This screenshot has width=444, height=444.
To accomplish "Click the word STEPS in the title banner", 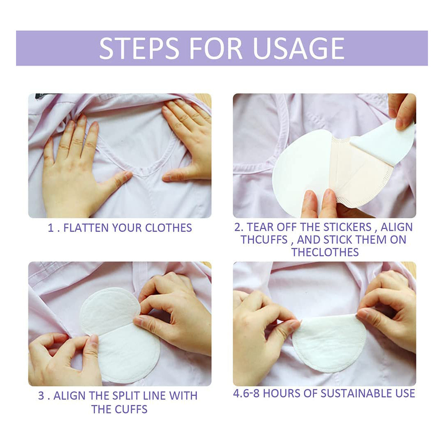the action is tap(139, 49).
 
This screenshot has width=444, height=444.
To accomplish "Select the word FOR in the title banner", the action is tap(215, 49).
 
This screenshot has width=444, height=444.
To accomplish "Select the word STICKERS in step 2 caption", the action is tap(347, 227).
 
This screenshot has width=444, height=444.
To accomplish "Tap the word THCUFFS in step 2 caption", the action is tap(264, 240).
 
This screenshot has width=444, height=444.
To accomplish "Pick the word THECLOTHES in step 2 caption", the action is tap(325, 252).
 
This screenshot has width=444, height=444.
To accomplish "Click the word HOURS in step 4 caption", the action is tap(280, 393).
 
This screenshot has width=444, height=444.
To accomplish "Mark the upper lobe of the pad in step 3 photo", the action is tap(109, 310).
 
